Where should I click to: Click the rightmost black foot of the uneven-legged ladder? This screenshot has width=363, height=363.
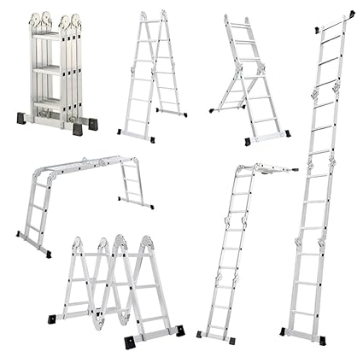284,133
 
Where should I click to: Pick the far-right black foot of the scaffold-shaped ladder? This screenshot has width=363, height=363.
141,203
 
